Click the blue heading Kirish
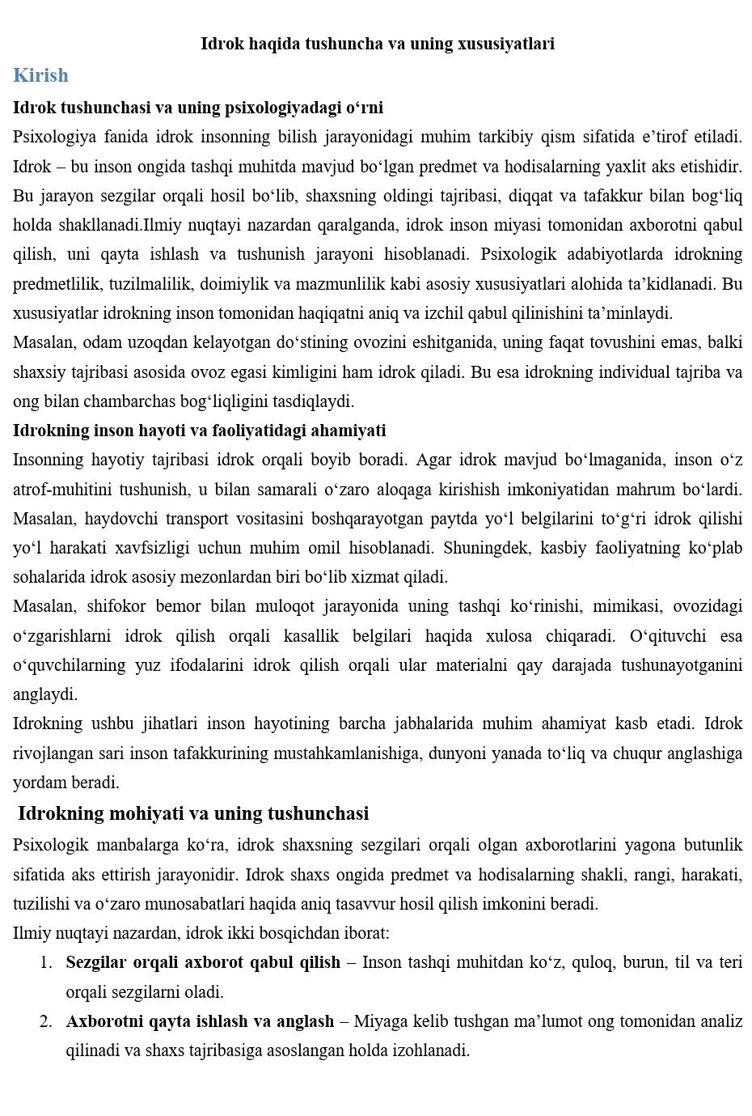(40, 75)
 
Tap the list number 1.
(46, 963)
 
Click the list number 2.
(46, 1021)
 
